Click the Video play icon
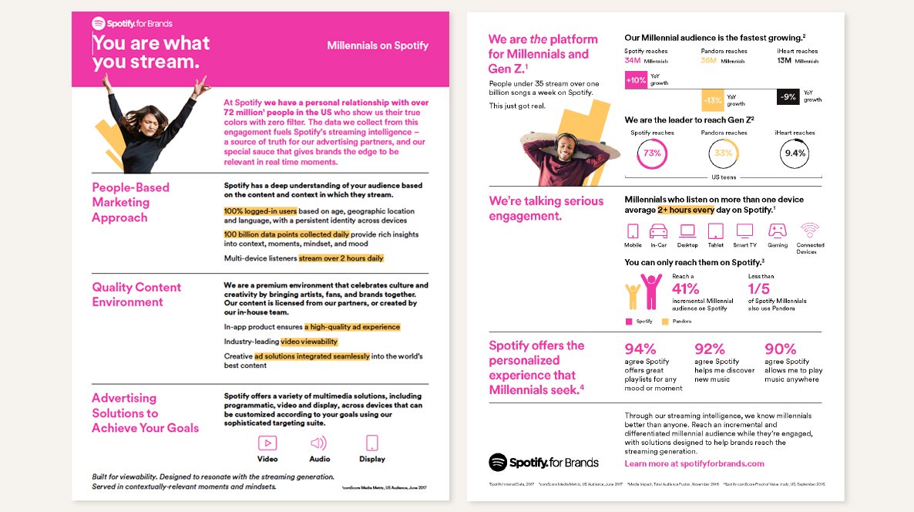267,443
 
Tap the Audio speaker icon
318,443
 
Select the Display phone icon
372,443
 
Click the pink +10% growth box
636,80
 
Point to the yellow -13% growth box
713,100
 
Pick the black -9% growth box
788,97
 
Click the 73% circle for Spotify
652,153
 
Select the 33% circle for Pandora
724,153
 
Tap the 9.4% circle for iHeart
795,153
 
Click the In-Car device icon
658,231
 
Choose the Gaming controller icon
778,231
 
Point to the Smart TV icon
744,231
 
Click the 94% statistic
640,349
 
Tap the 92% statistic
710,349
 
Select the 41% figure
686,289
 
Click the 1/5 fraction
758,289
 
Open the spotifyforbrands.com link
694,463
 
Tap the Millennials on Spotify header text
378,45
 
